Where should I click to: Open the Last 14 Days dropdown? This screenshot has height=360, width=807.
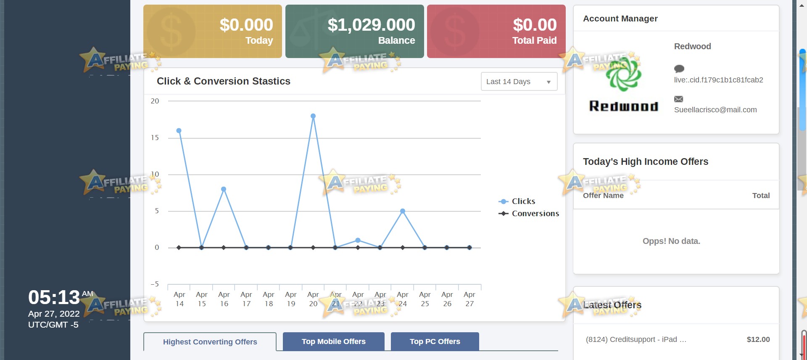(519, 82)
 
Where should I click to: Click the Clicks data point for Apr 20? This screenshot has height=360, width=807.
(313, 116)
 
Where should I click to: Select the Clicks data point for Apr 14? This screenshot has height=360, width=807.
(179, 131)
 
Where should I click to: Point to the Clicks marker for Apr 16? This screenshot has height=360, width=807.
(224, 189)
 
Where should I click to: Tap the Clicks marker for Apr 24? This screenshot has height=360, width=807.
(403, 211)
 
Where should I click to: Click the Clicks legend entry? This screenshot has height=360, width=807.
(517, 201)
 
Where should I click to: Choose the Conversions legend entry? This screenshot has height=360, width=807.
(529, 214)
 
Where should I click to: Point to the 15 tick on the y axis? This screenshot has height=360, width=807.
(155, 138)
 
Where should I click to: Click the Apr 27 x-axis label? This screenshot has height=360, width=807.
(469, 299)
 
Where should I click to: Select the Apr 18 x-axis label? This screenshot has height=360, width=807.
(269, 299)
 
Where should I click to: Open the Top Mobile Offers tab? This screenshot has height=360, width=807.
(334, 341)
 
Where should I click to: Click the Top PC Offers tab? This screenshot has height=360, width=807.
(435, 341)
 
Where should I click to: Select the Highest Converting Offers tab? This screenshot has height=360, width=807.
(210, 342)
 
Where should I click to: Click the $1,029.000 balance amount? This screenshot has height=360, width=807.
(372, 25)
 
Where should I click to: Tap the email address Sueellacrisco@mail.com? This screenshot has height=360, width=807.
(715, 110)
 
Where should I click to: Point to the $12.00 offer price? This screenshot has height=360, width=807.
(758, 339)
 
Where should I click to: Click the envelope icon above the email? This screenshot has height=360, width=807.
(679, 99)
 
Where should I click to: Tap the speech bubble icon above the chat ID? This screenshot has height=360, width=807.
(679, 69)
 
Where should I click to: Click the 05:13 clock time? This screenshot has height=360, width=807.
(54, 297)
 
